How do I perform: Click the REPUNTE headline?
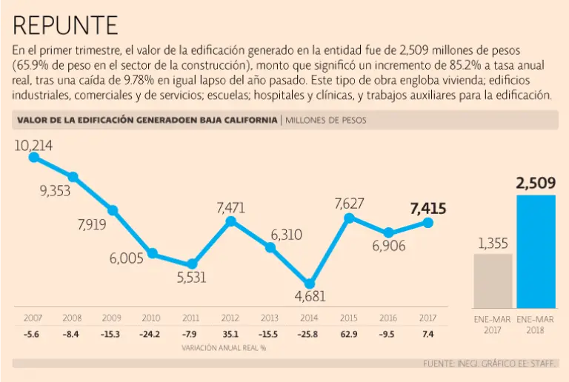pos(65,26)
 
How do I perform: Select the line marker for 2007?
pos(33,157)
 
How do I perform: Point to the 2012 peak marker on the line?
pos(231,221)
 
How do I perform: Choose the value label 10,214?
pos(33,145)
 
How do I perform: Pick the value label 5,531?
pos(191,278)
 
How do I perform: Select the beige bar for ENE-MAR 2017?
pos(492,281)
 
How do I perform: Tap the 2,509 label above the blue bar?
pos(536,183)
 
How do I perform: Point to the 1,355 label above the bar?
pos(492,243)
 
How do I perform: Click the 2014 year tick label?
pos(309,318)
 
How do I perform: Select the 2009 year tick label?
pos(112,318)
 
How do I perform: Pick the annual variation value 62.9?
pos(349,334)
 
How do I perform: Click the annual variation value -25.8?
pos(309,334)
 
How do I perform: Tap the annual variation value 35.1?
pos(230,334)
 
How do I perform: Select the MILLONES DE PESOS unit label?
pos(325,120)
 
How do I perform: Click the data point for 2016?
pos(389,232)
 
